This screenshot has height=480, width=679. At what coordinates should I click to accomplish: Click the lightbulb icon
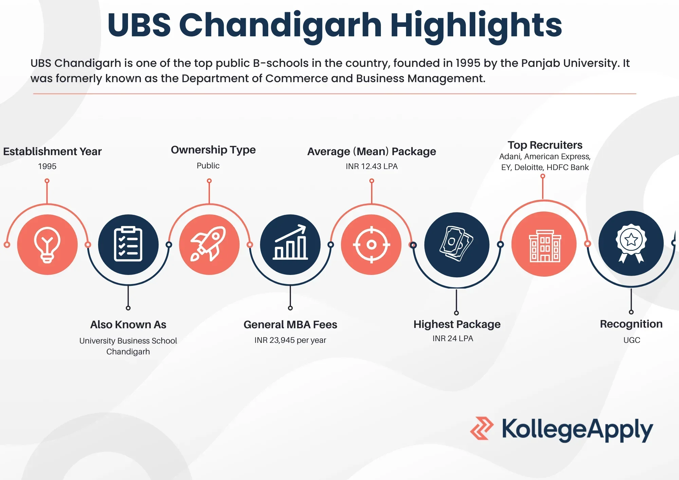click(47, 244)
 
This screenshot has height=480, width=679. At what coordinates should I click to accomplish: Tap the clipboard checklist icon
click(128, 244)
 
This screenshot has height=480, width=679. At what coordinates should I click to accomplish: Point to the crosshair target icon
click(371, 244)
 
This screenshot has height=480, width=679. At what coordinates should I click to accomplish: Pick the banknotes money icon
click(457, 244)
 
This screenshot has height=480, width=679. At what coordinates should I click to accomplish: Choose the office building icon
click(544, 244)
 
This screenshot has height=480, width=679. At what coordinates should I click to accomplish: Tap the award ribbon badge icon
click(631, 243)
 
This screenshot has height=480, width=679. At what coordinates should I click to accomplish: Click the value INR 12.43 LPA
click(371, 166)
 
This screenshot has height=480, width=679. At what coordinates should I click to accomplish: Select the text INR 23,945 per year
click(290, 340)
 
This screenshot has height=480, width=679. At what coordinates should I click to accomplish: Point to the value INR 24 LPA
click(453, 338)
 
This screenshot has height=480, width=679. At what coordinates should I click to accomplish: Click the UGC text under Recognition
click(631, 340)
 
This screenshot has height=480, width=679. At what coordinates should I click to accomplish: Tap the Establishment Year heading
click(52, 151)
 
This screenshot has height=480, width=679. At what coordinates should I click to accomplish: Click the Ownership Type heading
click(213, 150)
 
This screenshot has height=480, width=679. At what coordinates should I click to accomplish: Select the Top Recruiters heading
click(545, 145)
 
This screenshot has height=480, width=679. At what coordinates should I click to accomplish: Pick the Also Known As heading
click(128, 325)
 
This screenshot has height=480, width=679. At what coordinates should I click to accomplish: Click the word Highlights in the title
click(476, 25)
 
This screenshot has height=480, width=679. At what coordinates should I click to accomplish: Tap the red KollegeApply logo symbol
click(481, 428)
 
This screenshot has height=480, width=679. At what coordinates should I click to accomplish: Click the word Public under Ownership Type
click(208, 166)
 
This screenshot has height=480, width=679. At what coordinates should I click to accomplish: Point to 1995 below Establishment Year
click(47, 166)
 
